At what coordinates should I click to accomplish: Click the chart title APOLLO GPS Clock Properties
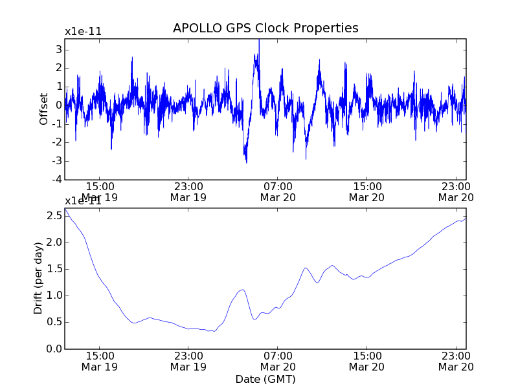point(265,28)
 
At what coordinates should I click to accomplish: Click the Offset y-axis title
point(43,109)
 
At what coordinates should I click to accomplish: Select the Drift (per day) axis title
point(38,278)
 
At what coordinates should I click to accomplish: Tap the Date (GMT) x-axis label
point(265,379)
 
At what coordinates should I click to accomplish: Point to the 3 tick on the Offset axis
point(58,49)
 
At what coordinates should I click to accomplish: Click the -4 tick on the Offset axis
point(57,180)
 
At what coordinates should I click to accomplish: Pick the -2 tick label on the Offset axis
point(57,142)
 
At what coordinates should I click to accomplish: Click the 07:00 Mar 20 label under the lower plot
point(278,361)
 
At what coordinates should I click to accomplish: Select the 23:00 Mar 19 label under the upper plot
point(188,191)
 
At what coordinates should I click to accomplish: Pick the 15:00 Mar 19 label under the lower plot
point(99,361)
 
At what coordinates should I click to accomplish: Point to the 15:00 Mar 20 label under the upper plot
point(367,191)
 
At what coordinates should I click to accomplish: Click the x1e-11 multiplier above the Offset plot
point(83,32)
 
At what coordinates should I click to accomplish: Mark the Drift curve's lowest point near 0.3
point(214,331)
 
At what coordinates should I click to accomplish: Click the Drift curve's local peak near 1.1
point(242,290)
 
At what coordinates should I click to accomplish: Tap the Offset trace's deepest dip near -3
point(246,162)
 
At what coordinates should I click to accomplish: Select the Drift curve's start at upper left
point(65,209)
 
